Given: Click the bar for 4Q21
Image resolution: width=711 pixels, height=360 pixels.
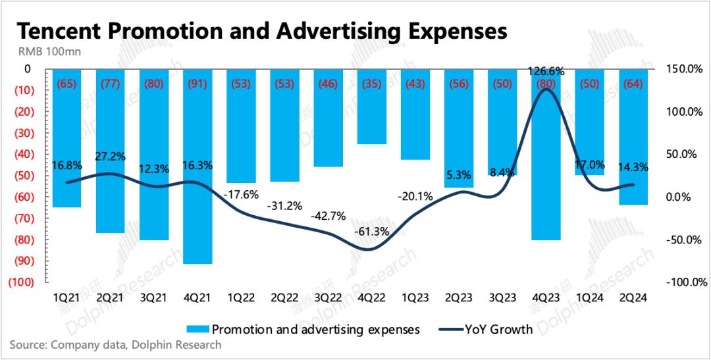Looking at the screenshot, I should pos(198,165).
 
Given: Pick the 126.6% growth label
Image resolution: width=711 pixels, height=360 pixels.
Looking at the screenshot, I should pos(546,72).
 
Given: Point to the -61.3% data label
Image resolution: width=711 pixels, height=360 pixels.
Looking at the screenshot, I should pos(371,232).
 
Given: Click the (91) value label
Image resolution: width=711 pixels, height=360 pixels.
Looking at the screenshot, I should pos(198,84).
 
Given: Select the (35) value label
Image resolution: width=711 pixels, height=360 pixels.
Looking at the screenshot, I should pos(373,84).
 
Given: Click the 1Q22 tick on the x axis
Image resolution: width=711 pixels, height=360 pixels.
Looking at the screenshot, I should pos(242,297).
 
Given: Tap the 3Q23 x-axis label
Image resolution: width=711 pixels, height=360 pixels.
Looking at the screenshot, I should pos(504,297).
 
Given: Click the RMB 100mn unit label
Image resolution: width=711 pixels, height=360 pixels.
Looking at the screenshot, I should pos(45,53).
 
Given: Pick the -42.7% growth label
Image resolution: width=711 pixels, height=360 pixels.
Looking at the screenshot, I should pos(328,215).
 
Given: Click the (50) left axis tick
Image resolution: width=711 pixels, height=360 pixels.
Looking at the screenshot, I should pos(21,176).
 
